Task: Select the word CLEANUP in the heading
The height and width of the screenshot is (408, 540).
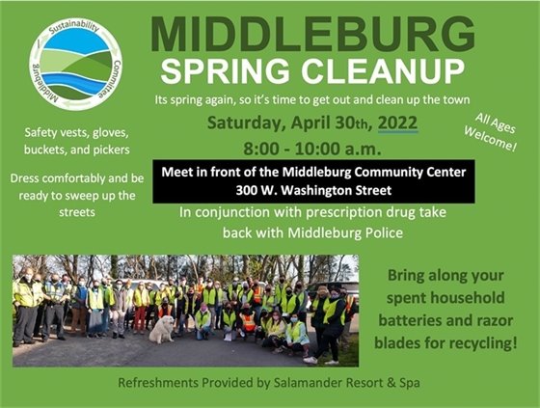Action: click(383, 71)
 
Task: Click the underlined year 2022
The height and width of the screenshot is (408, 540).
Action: click(397, 123)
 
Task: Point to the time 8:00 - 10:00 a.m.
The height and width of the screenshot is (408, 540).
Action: click(312, 149)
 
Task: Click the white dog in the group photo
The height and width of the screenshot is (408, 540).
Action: click(162, 330)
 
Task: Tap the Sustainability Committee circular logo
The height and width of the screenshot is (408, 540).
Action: click(76, 65)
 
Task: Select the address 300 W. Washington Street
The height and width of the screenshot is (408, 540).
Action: click(313, 191)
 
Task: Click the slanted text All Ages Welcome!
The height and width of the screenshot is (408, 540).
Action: click(491, 133)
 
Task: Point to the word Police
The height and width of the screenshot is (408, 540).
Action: click(384, 233)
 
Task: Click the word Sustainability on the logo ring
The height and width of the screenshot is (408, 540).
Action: click(74, 27)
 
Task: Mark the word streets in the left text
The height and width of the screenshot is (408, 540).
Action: click(77, 212)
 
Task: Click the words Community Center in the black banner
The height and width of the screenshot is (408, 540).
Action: click(410, 172)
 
